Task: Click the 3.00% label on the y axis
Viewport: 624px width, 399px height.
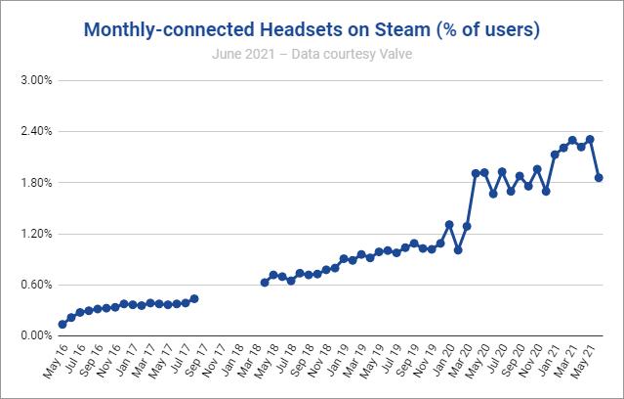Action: point(37,80)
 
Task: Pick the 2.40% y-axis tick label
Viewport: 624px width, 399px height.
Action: point(37,131)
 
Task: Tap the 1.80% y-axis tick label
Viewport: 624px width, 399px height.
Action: point(37,183)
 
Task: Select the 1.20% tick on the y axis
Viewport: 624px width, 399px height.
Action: point(37,234)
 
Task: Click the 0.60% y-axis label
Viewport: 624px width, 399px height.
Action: point(37,285)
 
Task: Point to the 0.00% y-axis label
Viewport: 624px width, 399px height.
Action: point(37,336)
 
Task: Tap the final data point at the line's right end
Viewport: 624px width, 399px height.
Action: point(599,178)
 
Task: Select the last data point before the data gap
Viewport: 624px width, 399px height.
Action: point(194,298)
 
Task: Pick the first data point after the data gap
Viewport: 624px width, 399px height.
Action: point(265,283)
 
